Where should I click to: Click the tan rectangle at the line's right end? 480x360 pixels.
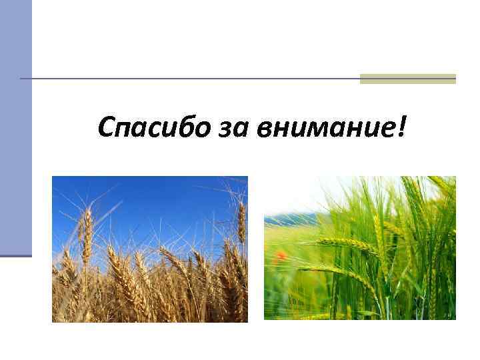407,79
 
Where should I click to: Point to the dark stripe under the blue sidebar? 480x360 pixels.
15,255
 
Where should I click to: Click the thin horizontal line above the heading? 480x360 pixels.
193,79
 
